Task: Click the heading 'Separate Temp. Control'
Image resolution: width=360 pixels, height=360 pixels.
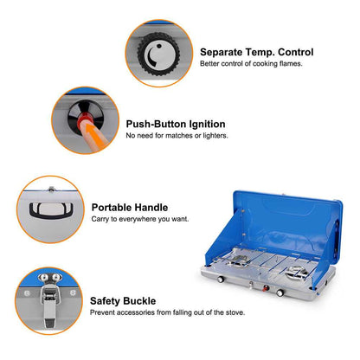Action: [x=256, y=51]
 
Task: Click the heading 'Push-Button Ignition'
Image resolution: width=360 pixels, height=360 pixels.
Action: [x=176, y=124]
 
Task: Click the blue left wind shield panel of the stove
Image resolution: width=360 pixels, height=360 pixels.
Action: [x=217, y=234]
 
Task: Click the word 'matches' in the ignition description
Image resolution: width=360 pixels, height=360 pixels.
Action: [x=176, y=136]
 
